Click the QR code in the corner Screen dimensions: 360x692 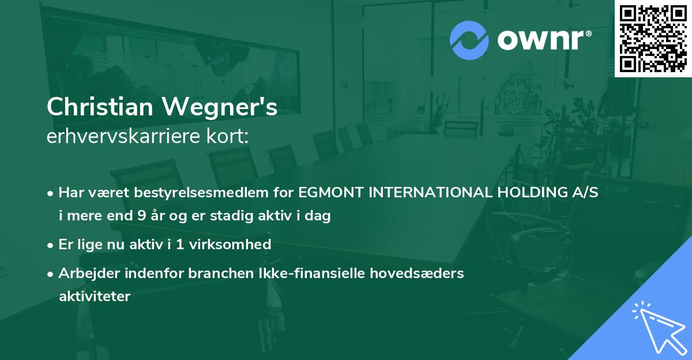coord(653,38)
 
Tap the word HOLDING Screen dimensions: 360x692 coord(529,193)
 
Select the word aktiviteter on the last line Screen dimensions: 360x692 coord(95,297)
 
